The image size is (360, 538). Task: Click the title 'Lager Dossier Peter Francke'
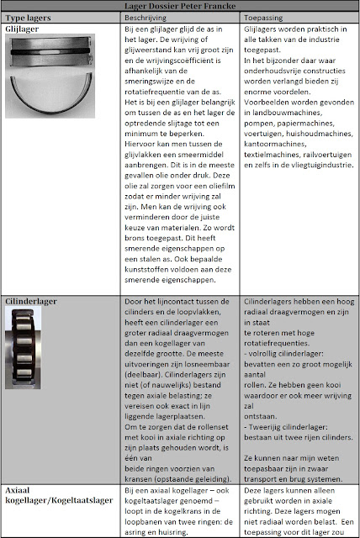180,5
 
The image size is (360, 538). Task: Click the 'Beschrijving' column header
146,16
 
